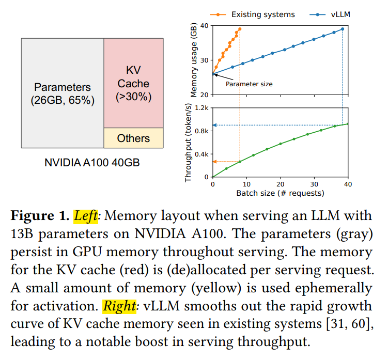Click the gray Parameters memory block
[x=63, y=93]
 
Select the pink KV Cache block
[x=134, y=83]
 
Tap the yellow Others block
[x=134, y=138]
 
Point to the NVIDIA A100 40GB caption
[x=92, y=163]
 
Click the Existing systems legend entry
[x=253, y=14]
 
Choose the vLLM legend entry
[x=330, y=14]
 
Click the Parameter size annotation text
[x=249, y=84]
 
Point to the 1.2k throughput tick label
[x=201, y=108]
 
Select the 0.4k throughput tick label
[x=201, y=154]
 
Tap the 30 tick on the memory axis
[x=205, y=60]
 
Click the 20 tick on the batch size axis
[x=281, y=184]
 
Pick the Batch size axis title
[x=281, y=193]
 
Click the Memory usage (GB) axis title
[x=194, y=60]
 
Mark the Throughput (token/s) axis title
[x=188, y=143]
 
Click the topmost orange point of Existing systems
[x=240, y=29]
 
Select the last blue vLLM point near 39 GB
[x=343, y=29]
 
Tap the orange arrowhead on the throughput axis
[x=215, y=162]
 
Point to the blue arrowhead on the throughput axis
[x=215, y=125]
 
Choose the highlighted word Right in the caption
[x=119, y=306]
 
